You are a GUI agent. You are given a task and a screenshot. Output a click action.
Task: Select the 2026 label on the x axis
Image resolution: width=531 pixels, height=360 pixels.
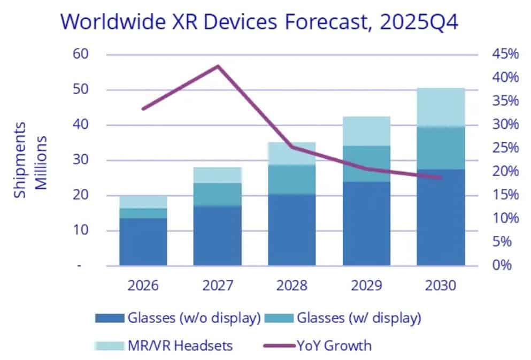click(x=143, y=285)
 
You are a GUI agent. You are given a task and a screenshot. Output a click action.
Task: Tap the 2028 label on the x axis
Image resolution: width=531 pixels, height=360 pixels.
click(x=292, y=285)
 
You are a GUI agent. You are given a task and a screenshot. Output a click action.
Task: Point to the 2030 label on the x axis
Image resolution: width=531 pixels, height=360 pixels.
click(x=441, y=285)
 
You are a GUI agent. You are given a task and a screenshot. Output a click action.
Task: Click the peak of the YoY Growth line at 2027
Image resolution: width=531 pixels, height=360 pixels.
click(x=218, y=66)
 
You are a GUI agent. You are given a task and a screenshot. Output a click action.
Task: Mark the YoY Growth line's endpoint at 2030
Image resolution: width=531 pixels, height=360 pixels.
click(x=441, y=177)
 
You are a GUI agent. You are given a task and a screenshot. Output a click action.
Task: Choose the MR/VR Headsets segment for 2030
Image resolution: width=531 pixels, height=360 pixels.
click(x=441, y=107)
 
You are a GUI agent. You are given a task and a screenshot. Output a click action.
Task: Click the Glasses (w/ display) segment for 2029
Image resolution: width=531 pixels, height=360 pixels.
click(x=366, y=164)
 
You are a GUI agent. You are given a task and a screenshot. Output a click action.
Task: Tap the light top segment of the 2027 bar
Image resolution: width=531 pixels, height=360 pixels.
click(x=218, y=175)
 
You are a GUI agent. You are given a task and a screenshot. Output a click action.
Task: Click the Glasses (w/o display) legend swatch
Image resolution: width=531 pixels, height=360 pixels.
click(x=110, y=318)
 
